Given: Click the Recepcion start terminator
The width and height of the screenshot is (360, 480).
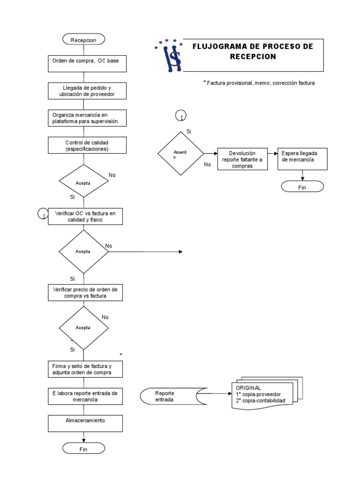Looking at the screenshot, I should coord(83,40).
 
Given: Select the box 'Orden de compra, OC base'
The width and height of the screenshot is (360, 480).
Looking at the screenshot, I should coord(86,64).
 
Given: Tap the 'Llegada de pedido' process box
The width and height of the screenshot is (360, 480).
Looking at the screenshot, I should coord(86,91).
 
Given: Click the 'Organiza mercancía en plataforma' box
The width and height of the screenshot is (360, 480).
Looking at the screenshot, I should coord(86,118).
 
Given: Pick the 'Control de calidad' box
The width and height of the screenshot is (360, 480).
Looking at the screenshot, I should coord(86,145).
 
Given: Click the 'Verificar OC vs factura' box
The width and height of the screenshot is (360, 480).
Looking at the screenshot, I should coord(86,216).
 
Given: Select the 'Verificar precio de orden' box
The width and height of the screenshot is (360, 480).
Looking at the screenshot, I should coord(86,293).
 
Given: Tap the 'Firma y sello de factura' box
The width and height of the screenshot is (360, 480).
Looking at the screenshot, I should coord(86,369).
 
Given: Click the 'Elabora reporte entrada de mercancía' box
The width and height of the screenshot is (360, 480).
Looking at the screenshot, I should coord(86,397).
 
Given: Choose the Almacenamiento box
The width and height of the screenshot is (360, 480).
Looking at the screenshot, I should coord(86,423).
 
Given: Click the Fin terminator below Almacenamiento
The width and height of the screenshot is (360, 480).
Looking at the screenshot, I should coord(83,449).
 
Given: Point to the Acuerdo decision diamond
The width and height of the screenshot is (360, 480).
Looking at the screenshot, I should coord(180,154).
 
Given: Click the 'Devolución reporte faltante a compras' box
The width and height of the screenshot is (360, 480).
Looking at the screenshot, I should coord(242,159).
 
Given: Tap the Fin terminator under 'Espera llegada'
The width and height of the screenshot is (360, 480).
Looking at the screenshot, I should coord(302,186).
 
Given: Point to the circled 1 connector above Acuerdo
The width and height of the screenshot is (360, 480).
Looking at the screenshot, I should coord(180,115).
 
